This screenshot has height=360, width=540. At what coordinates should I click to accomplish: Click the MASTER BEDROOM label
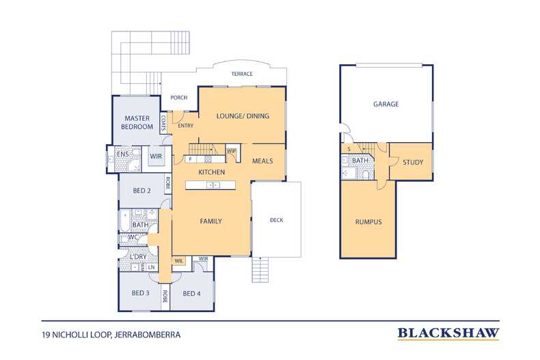[x=137, y=122]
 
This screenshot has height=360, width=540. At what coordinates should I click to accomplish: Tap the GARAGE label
[x=386, y=104]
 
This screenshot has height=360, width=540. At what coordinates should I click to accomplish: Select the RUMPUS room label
[x=368, y=222]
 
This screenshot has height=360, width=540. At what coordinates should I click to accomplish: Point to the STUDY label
[x=413, y=162]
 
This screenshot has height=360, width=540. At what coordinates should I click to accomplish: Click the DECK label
[x=277, y=220]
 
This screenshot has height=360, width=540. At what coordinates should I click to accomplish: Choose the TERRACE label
[x=242, y=74]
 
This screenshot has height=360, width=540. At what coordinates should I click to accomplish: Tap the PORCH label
[x=179, y=98]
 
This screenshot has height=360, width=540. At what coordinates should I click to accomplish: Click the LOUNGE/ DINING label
[x=243, y=116]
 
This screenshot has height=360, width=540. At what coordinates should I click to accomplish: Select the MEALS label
[x=262, y=161]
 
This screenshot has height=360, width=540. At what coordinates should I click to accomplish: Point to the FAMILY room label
[x=211, y=221]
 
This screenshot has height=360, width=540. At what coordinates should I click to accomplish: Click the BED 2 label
[x=142, y=191]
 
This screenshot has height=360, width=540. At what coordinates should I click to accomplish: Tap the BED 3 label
[x=141, y=293]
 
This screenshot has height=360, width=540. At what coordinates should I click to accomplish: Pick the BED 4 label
[x=192, y=294]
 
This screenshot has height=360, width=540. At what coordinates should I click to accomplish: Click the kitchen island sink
[x=213, y=185]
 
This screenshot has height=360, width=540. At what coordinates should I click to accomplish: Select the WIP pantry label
[x=231, y=151]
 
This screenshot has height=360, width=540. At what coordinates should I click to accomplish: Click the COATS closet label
[x=163, y=123]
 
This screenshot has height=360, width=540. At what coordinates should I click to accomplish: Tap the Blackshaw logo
[x=448, y=333]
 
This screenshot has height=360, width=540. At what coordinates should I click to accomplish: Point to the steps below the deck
[x=260, y=270]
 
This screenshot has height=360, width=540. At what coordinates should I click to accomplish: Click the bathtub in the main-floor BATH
[x=124, y=221]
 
